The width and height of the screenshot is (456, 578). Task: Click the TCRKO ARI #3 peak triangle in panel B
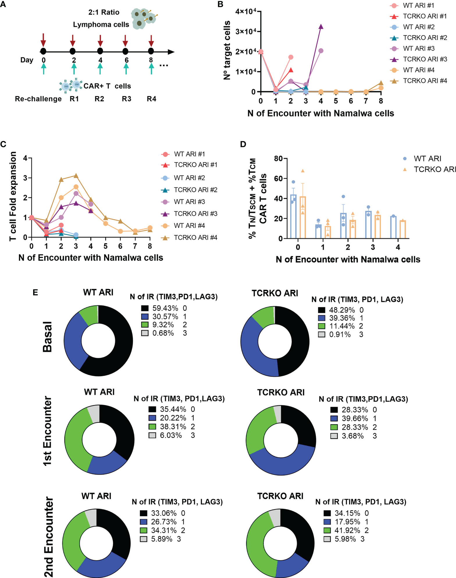point(321,27)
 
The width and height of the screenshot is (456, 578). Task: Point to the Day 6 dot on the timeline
point(125,51)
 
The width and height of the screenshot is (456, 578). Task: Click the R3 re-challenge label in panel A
point(127,99)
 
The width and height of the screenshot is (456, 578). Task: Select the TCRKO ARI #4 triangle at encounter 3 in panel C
point(76,176)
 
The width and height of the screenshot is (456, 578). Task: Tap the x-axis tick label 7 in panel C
point(135,246)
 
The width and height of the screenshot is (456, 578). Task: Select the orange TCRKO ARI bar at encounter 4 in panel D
point(403,229)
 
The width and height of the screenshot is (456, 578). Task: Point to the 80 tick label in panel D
point(278,159)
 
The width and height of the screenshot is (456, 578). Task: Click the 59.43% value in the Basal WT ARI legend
point(165,308)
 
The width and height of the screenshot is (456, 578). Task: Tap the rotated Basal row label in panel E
point(47,337)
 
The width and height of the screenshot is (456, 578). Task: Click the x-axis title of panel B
point(321,113)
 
